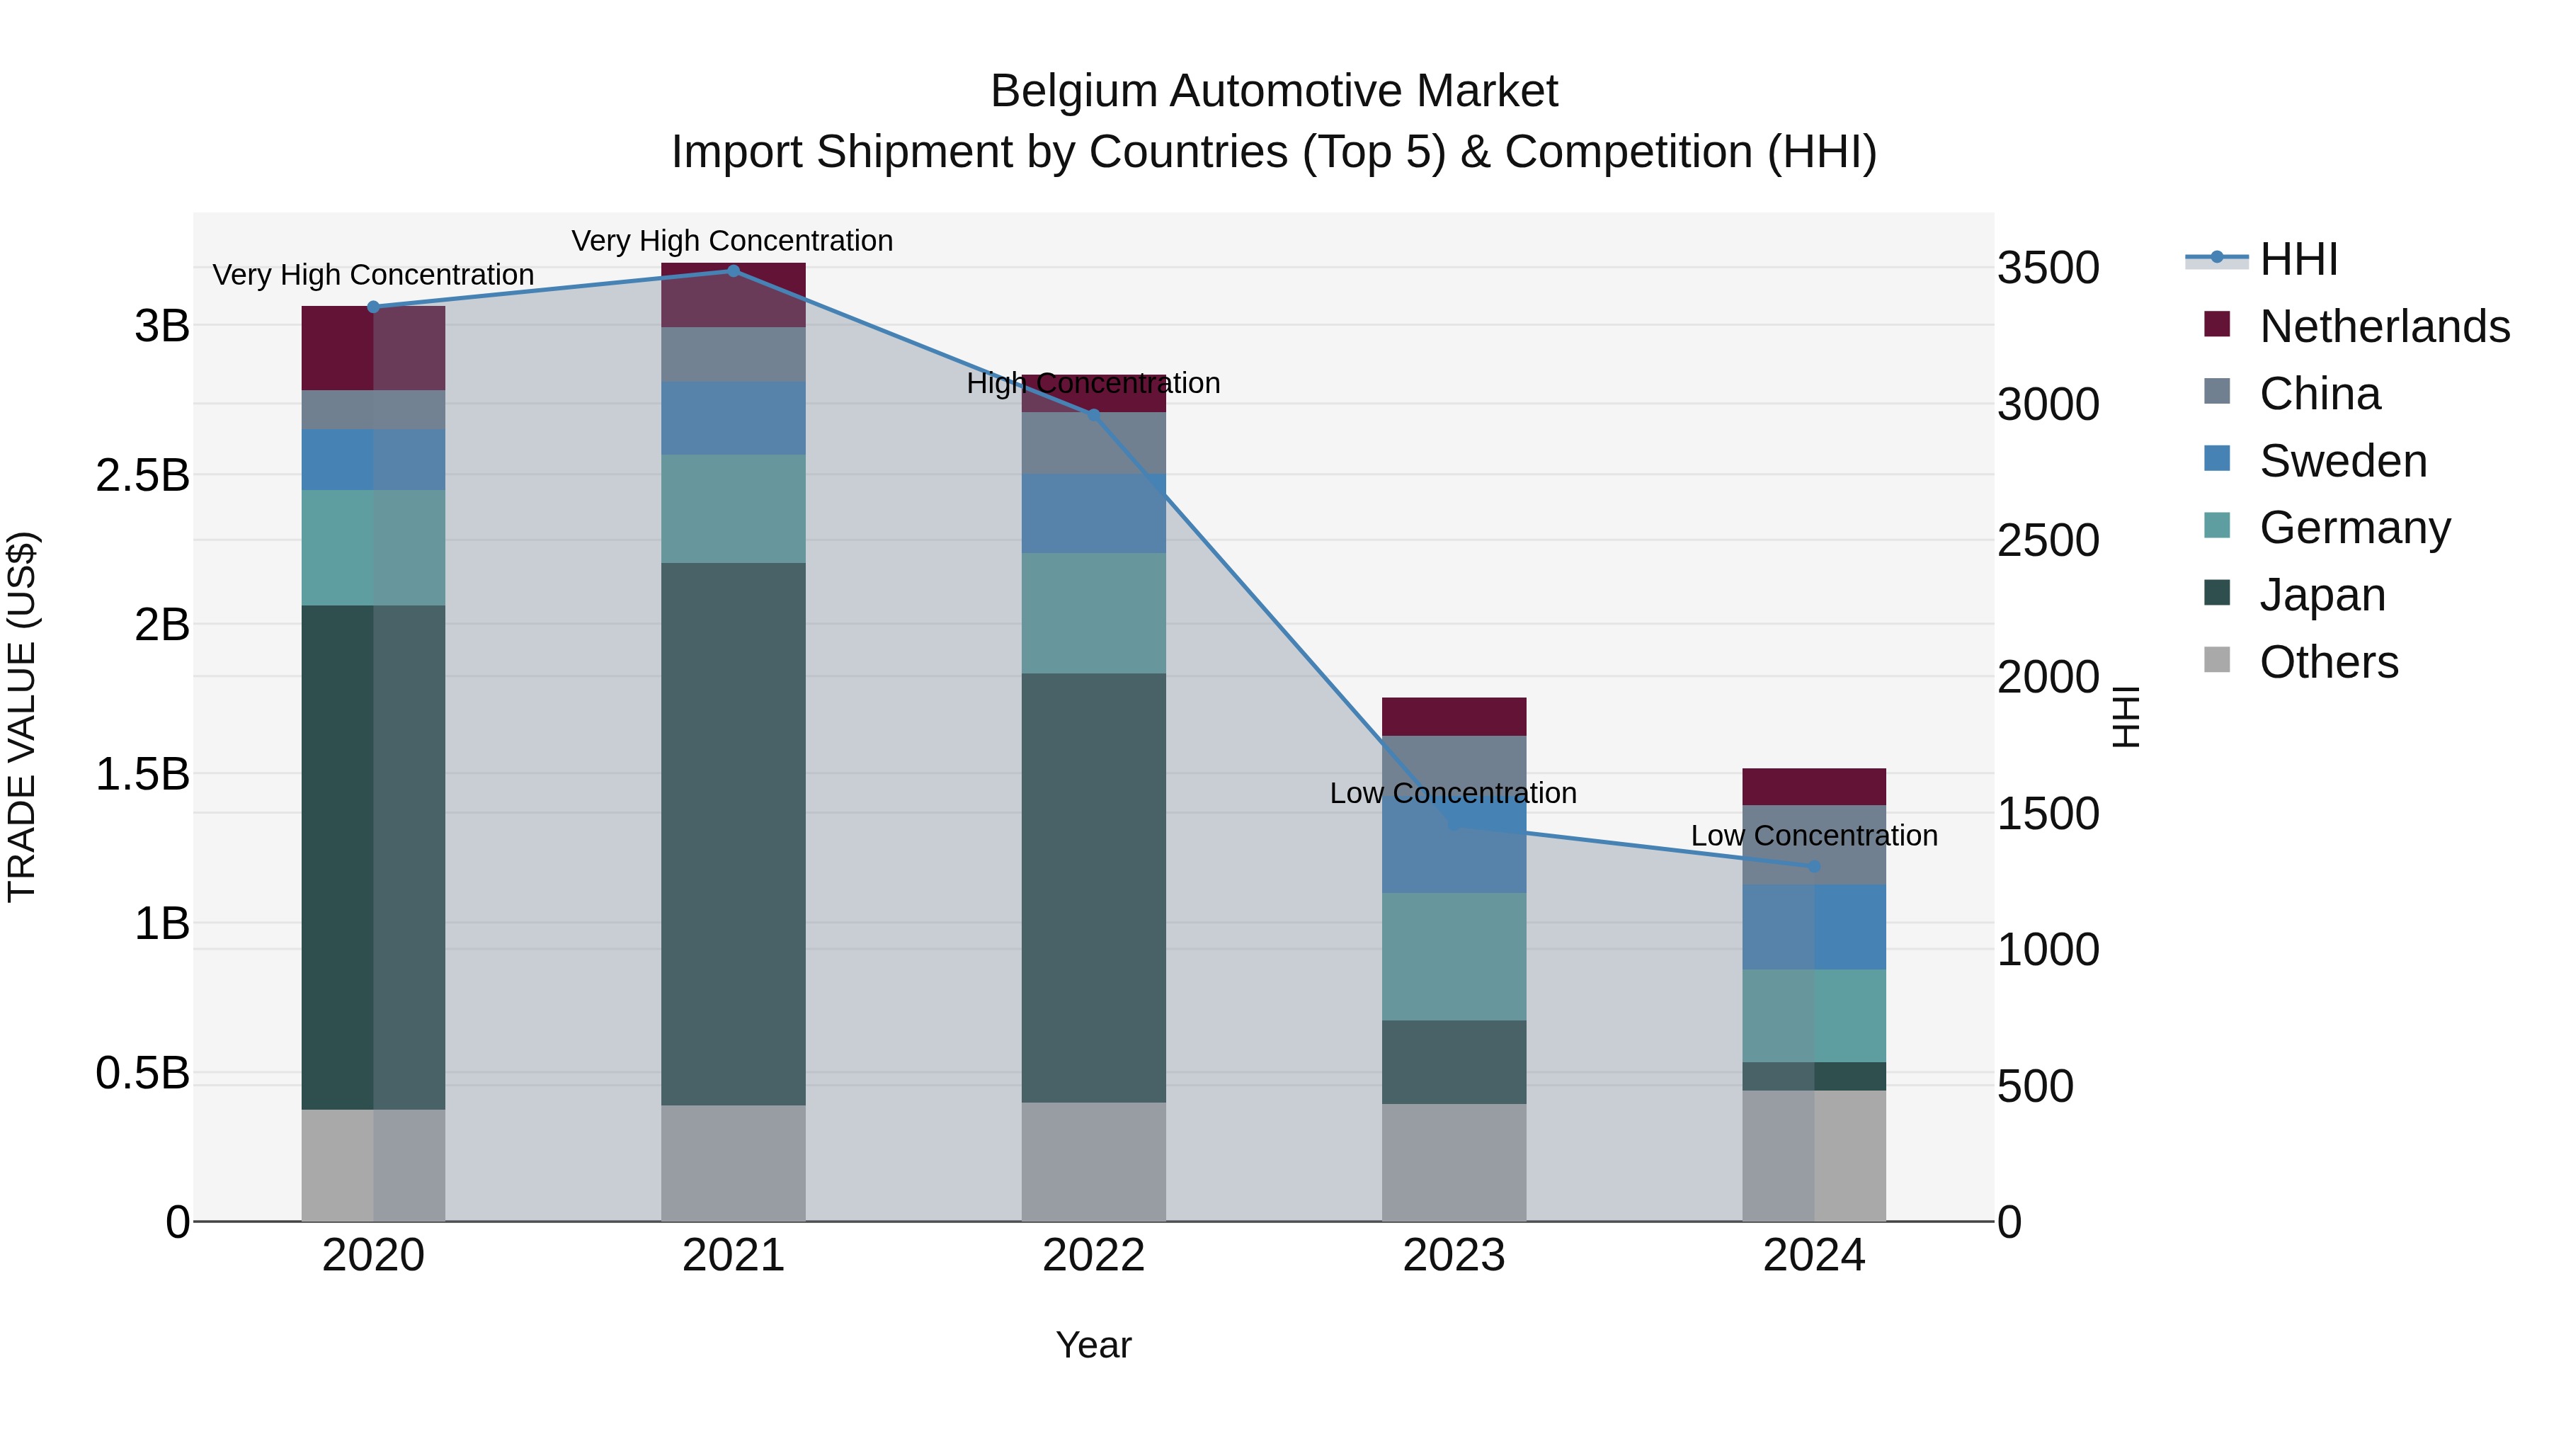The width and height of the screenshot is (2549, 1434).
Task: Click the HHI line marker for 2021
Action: click(734, 271)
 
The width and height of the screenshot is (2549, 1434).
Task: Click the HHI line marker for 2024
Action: click(1814, 867)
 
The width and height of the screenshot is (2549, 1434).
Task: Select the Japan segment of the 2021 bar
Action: click(734, 833)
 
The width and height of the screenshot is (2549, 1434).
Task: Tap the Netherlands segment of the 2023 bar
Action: click(1454, 717)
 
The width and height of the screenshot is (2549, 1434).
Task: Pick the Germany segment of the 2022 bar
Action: click(1093, 613)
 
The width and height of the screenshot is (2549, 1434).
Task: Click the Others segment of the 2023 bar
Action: click(1454, 1162)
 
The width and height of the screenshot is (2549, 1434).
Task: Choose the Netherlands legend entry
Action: click(2384, 326)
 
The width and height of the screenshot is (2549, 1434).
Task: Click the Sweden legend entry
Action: click(2342, 461)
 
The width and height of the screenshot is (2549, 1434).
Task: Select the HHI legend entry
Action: click(2298, 259)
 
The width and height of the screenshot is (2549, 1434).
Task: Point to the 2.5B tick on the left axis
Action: click(142, 476)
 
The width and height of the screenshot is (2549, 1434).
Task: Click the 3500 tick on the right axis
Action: click(2047, 268)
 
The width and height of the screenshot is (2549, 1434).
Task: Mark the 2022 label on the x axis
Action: click(1093, 1256)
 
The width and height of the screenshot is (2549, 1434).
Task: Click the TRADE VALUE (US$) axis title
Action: click(23, 717)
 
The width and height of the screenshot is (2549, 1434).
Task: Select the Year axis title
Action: click(1093, 1345)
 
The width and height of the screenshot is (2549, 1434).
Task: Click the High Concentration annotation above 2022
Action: click(1093, 383)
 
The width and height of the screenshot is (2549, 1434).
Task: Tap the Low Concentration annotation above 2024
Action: click(1814, 836)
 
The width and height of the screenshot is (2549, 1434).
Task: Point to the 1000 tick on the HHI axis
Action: click(2047, 950)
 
